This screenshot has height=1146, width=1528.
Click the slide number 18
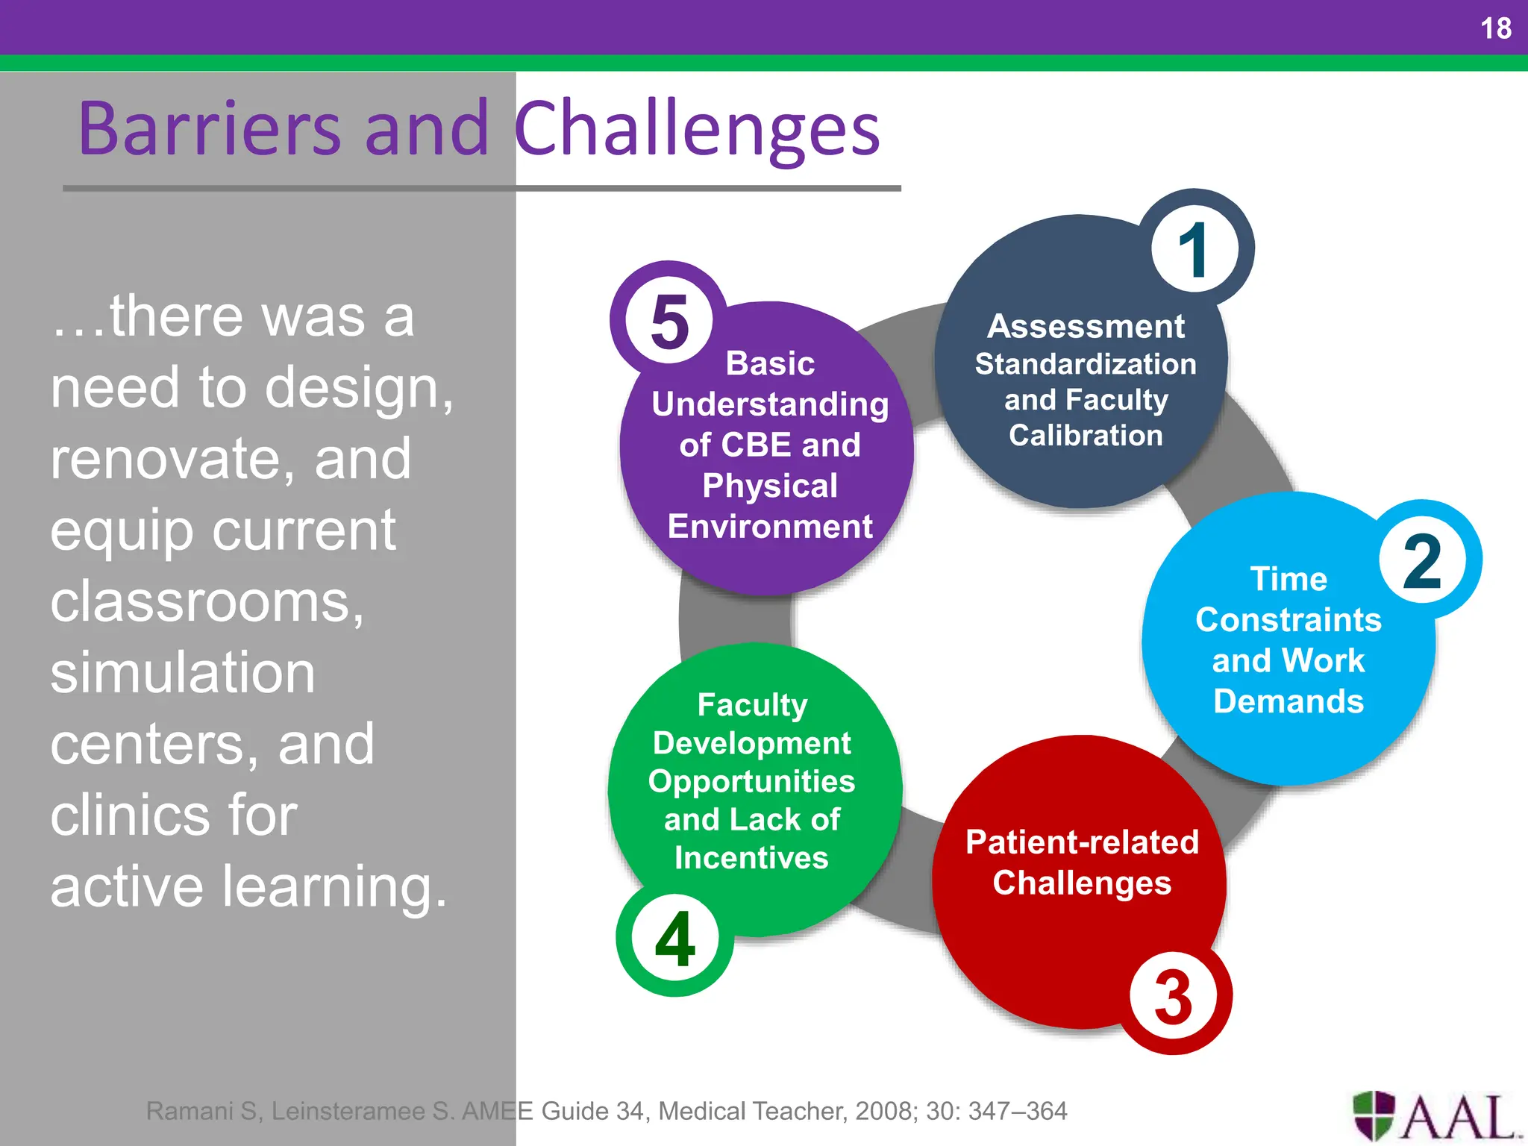pos(1495,28)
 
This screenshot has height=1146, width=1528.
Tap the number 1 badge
pos(1194,250)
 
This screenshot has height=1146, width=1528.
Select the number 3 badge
pos(1173,997)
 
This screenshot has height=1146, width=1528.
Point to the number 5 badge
pos(669,322)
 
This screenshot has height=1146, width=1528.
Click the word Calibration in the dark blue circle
pos(1086,436)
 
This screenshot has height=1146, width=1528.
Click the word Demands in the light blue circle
pos(1289,702)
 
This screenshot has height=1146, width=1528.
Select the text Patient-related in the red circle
pos(1082,842)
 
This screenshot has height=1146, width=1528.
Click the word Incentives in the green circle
pos(751,858)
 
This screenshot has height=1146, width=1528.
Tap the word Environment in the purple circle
pos(770,527)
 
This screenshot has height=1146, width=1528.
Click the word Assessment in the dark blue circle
pos(1086,326)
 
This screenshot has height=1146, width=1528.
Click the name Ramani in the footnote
pos(189,1111)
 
